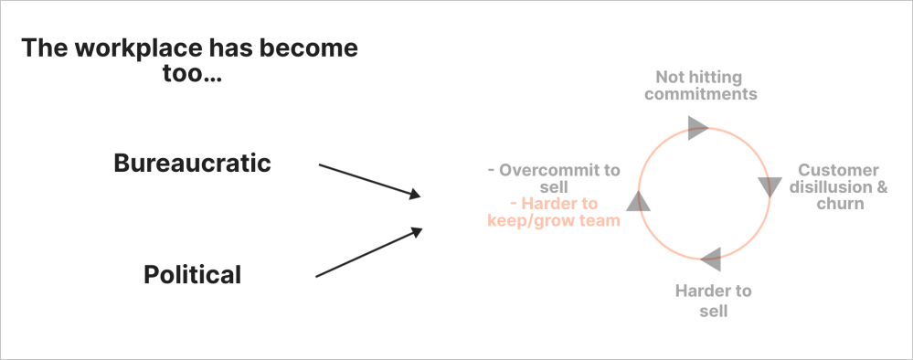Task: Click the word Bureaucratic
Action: tap(193, 164)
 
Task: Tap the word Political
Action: tap(193, 274)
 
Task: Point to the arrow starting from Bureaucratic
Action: tap(368, 180)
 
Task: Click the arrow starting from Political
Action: tap(368, 253)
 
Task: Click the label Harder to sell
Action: tap(713, 301)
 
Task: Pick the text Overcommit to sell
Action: tap(555, 178)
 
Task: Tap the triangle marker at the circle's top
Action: tap(697, 127)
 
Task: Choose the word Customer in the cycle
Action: tap(838, 170)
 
